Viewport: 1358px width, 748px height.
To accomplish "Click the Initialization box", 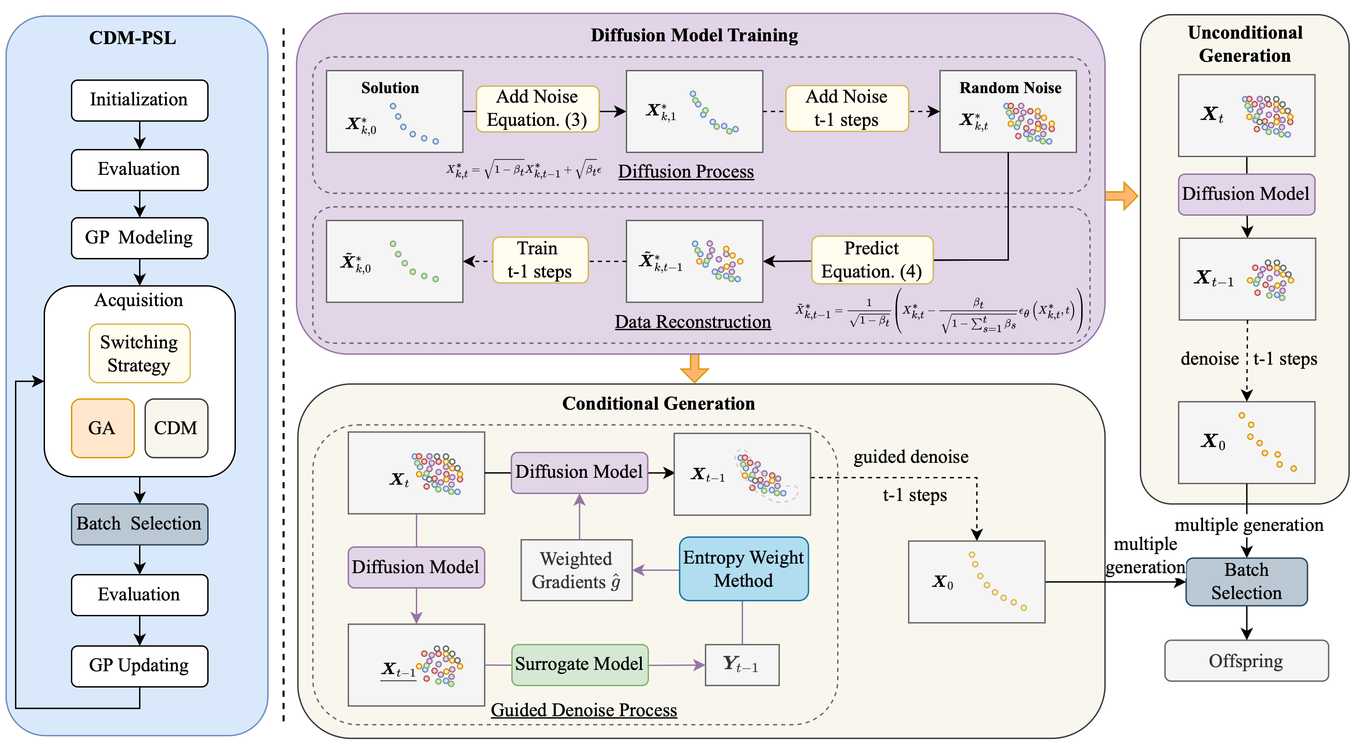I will (139, 100).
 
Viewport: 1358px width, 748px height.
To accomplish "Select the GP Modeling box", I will (139, 238).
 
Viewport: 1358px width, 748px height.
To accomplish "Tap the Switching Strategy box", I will (139, 353).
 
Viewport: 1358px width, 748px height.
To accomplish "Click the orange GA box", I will (102, 428).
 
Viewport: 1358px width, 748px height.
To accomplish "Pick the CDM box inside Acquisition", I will (176, 428).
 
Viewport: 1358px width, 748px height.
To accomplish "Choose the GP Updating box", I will (139, 666).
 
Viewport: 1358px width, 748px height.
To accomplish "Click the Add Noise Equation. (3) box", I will (537, 109).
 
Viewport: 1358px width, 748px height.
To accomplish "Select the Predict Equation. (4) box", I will (872, 260).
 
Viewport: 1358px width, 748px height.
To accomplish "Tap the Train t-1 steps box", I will (540, 260).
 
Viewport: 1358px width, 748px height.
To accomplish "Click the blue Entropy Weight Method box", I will (744, 569).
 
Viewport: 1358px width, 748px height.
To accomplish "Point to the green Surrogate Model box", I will (579, 664).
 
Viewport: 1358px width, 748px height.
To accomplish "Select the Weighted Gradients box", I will (576, 570).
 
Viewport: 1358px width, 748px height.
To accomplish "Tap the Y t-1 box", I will (742, 665).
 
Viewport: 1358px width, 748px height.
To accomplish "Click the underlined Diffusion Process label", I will (686, 172).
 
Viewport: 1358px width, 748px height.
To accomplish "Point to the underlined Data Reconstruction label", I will (693, 322).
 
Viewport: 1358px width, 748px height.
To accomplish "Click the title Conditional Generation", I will (659, 403).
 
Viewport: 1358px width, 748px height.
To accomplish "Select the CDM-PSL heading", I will (132, 38).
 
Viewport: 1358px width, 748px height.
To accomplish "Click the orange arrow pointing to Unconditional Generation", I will (1122, 196).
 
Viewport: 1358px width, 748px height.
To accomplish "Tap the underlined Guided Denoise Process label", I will (584, 710).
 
